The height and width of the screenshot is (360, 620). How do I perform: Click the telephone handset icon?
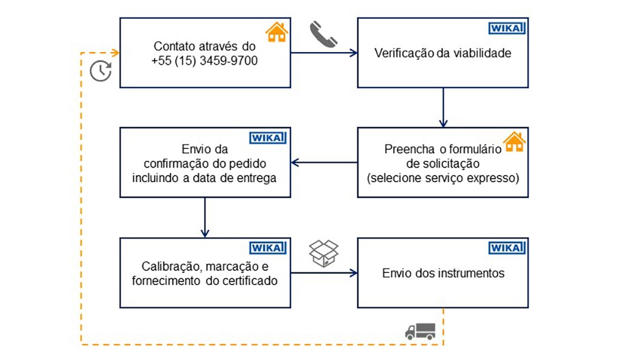point(323,34)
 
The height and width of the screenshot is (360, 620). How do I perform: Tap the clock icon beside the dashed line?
point(101,71)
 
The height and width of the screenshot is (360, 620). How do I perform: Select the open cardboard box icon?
point(323,254)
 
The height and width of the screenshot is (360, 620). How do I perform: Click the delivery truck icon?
point(420,331)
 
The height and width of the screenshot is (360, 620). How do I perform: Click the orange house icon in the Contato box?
point(276,32)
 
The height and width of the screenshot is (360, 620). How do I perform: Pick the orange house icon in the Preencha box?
point(514,142)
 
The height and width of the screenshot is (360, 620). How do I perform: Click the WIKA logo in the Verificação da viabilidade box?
point(506,28)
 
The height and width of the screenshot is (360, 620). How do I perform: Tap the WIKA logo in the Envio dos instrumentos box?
point(506,248)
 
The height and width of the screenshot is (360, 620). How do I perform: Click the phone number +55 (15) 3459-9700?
point(205,59)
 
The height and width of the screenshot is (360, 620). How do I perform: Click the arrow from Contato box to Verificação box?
point(325,53)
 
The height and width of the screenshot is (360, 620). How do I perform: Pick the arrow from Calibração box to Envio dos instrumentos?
point(325,273)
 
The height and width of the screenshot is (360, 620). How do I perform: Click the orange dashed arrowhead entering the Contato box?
point(116,53)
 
